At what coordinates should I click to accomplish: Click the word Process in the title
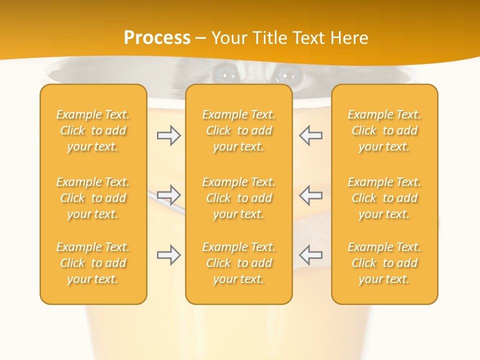point(157,38)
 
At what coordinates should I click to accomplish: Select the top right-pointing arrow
point(169,135)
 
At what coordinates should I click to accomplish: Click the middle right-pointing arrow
point(169,194)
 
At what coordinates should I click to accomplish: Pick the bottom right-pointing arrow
point(169,255)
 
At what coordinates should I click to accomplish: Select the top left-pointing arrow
point(310,135)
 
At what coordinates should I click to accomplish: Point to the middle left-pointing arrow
point(310,194)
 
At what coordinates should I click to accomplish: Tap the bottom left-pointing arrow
point(310,255)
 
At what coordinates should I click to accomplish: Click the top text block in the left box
point(93,130)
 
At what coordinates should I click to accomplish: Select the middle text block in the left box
point(93,198)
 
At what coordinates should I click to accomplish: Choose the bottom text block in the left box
point(93,263)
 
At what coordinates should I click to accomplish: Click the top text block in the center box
point(238,130)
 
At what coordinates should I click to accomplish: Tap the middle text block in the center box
point(238,198)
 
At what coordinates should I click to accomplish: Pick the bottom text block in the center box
point(238,263)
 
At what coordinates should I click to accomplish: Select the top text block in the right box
point(384,130)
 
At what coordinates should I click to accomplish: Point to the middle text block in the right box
point(384,198)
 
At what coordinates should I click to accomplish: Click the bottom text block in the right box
point(384,263)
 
